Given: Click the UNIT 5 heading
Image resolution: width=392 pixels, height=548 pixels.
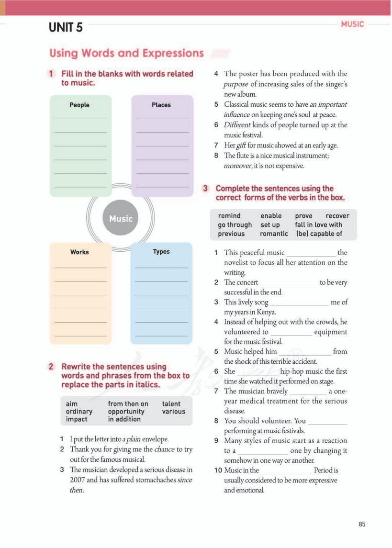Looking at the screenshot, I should tap(66, 28).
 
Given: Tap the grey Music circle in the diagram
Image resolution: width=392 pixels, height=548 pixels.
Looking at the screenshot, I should tap(120, 219).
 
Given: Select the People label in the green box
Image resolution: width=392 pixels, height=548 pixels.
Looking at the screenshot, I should tap(79, 105).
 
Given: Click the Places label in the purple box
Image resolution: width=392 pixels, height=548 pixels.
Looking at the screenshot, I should tap(161, 105).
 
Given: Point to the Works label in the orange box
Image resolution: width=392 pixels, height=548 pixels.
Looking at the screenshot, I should tap(79, 252).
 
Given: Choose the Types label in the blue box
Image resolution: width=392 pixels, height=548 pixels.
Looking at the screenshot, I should tap(161, 251).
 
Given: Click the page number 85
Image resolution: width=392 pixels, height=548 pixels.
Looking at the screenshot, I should tap(362, 524).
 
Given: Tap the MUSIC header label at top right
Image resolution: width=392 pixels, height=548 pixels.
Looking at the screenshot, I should tap(352, 24).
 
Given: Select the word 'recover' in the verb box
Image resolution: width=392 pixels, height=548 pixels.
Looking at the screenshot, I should tap(337, 216).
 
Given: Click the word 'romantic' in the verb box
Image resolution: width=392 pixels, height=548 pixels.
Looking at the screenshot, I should tap(274, 234).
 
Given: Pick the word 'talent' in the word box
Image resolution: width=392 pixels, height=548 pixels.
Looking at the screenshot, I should tap(171, 404).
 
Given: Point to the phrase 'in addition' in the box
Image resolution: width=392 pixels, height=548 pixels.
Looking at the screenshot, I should tap(124, 419).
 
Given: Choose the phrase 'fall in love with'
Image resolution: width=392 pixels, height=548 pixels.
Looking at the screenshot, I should tap(318, 224).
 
